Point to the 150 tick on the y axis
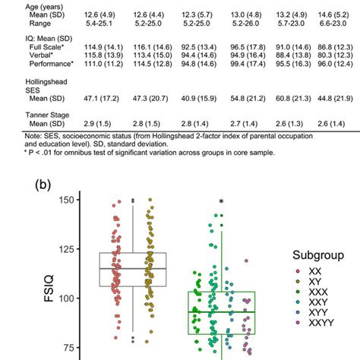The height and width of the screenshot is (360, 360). (72, 200)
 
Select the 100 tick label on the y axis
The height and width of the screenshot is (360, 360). (72, 298)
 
